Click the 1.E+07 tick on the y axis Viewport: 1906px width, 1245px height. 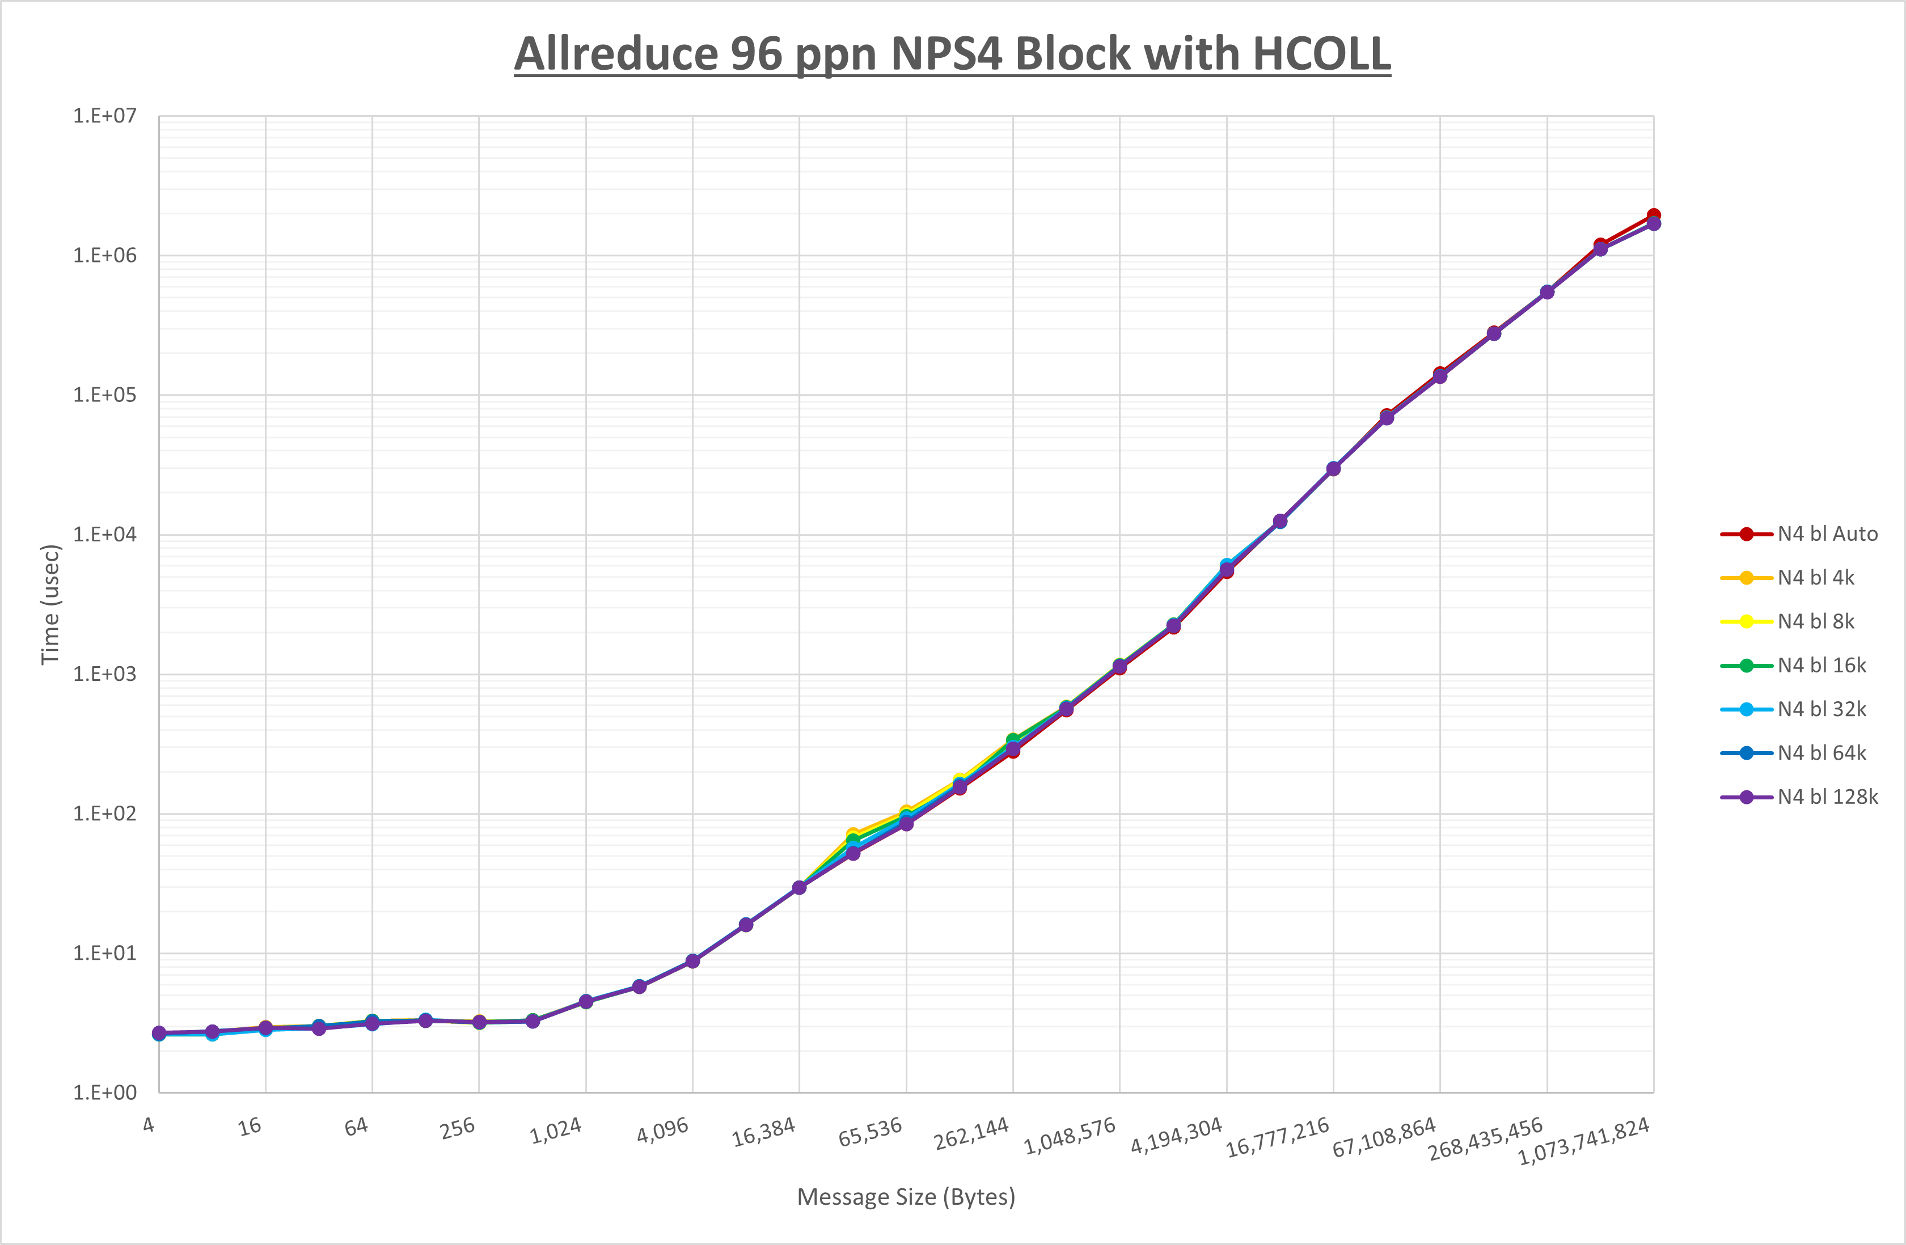pos(105,116)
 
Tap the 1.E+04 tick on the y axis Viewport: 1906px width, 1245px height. pos(105,535)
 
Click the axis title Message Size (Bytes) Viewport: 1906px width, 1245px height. pos(906,1197)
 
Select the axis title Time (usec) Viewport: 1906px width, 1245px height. pos(50,604)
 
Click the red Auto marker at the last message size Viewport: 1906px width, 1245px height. pos(1653,215)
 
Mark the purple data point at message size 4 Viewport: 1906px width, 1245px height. pos(159,1033)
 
